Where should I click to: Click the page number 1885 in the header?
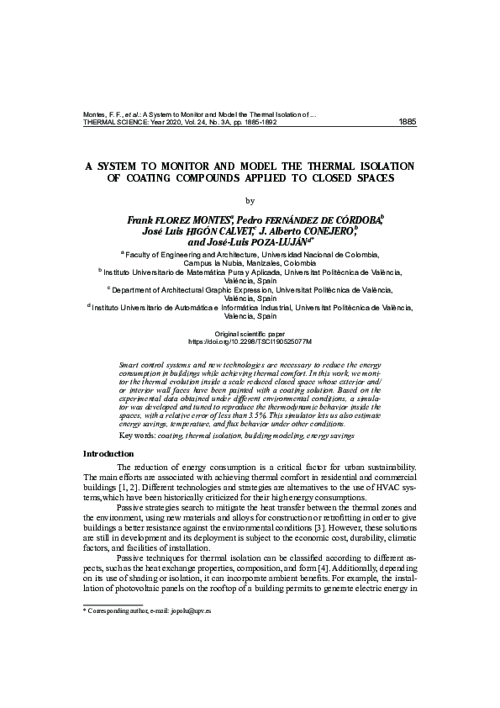pos(407,121)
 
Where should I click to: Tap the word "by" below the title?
pos(249,200)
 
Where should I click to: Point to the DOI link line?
pos(250,342)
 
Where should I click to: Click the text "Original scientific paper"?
pos(250,335)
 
